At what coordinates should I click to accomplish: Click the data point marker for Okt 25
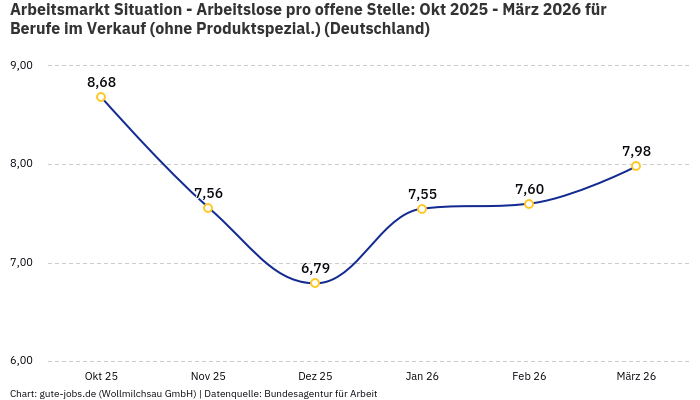coord(101,97)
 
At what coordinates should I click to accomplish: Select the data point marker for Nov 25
coord(208,208)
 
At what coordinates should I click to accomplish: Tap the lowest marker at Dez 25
coord(315,283)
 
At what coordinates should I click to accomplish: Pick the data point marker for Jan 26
coord(422,209)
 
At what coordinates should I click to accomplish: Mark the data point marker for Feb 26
coord(529,204)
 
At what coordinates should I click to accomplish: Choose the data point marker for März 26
coord(636,166)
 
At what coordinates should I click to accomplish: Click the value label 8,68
coord(101,81)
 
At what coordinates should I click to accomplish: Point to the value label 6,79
coord(315,268)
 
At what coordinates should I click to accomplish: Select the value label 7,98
coord(636,151)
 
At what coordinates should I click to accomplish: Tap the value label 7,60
coord(529,189)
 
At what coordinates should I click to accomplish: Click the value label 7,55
coord(422,194)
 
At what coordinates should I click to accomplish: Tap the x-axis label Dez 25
coord(315,376)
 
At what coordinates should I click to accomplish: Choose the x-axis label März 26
coord(636,376)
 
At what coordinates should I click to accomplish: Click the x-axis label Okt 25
coord(101,376)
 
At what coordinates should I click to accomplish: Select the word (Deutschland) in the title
coord(377,29)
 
